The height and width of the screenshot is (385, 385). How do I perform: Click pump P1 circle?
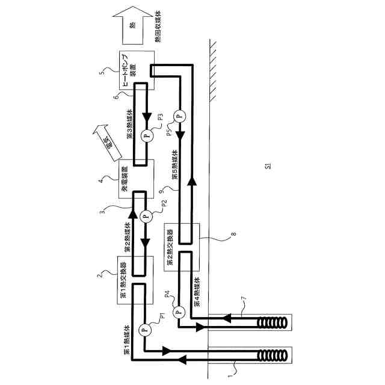coord(144,329)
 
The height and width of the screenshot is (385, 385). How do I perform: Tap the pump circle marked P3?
coord(144,135)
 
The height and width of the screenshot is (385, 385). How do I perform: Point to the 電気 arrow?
coord(103,142)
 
